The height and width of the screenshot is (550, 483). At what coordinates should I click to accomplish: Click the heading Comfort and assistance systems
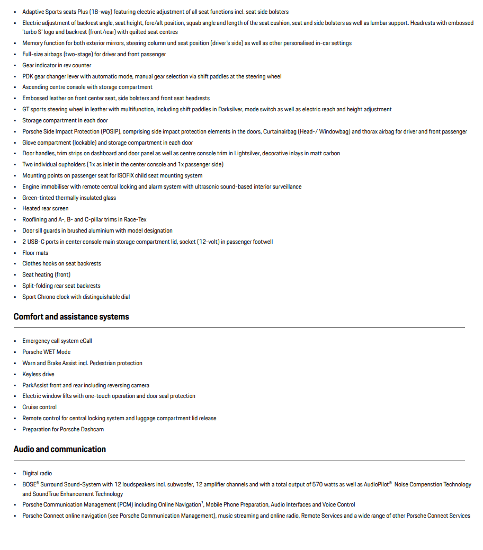coord(71,317)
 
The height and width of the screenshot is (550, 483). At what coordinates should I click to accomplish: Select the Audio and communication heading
coord(59,449)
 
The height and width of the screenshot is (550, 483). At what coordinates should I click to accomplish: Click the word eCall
coord(86,341)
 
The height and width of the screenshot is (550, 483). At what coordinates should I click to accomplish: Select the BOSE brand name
coord(29,484)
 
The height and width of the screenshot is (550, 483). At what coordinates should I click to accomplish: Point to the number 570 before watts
coord(317,484)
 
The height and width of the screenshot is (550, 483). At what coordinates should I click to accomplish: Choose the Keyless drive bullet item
coord(38,374)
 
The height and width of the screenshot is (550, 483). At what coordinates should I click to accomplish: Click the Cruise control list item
coord(39,407)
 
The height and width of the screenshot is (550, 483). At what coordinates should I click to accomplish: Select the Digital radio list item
coord(37,473)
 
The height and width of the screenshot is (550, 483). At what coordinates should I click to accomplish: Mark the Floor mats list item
coord(35,253)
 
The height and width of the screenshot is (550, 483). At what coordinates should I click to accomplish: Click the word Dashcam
coord(93,429)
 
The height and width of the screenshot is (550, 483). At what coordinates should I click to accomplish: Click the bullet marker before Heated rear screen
coord(15,209)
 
